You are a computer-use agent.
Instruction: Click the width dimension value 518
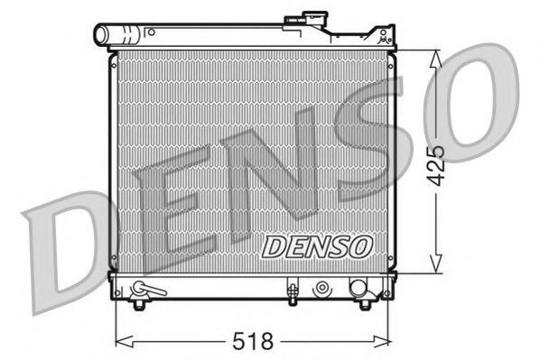[255, 343]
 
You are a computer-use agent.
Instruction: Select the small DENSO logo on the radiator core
[315, 245]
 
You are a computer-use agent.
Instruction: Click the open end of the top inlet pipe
[101, 36]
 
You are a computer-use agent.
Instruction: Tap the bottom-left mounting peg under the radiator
[137, 304]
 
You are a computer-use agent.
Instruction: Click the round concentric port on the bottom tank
[321, 290]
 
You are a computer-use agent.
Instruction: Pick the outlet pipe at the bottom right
[358, 290]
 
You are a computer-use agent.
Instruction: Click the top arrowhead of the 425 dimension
[435, 54]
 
